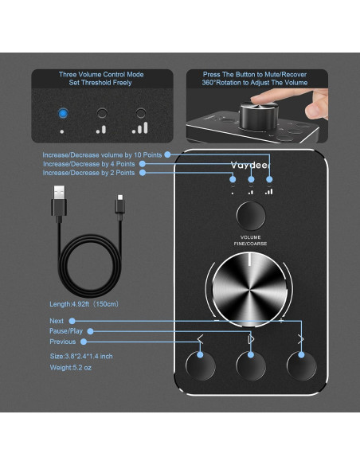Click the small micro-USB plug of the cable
118,203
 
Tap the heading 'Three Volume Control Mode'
99,75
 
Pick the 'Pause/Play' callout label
66,330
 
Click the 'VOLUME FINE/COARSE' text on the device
251,240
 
